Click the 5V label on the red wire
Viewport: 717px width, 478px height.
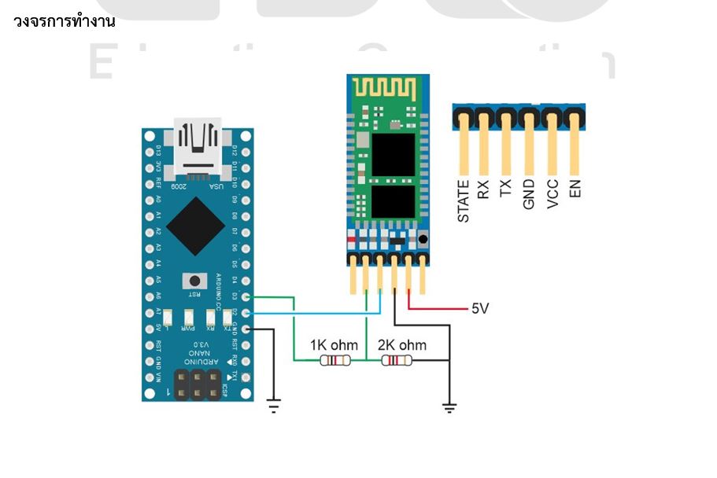pos(480,308)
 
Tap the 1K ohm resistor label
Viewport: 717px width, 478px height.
pos(334,345)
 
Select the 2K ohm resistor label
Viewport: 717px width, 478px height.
pos(401,345)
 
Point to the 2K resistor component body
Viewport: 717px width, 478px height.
pos(396,361)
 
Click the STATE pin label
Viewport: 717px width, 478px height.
pos(464,200)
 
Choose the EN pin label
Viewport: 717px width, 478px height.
pos(575,189)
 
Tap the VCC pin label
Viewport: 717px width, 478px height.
pos(553,193)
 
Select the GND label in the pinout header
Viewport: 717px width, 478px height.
pos(530,194)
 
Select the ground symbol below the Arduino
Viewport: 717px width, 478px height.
pos(273,406)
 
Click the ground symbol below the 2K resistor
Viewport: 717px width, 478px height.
pos(449,406)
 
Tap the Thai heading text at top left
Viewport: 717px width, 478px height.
pos(65,21)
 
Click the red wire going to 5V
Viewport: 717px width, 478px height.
pos(441,309)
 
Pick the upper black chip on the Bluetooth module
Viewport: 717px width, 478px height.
pos(393,154)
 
